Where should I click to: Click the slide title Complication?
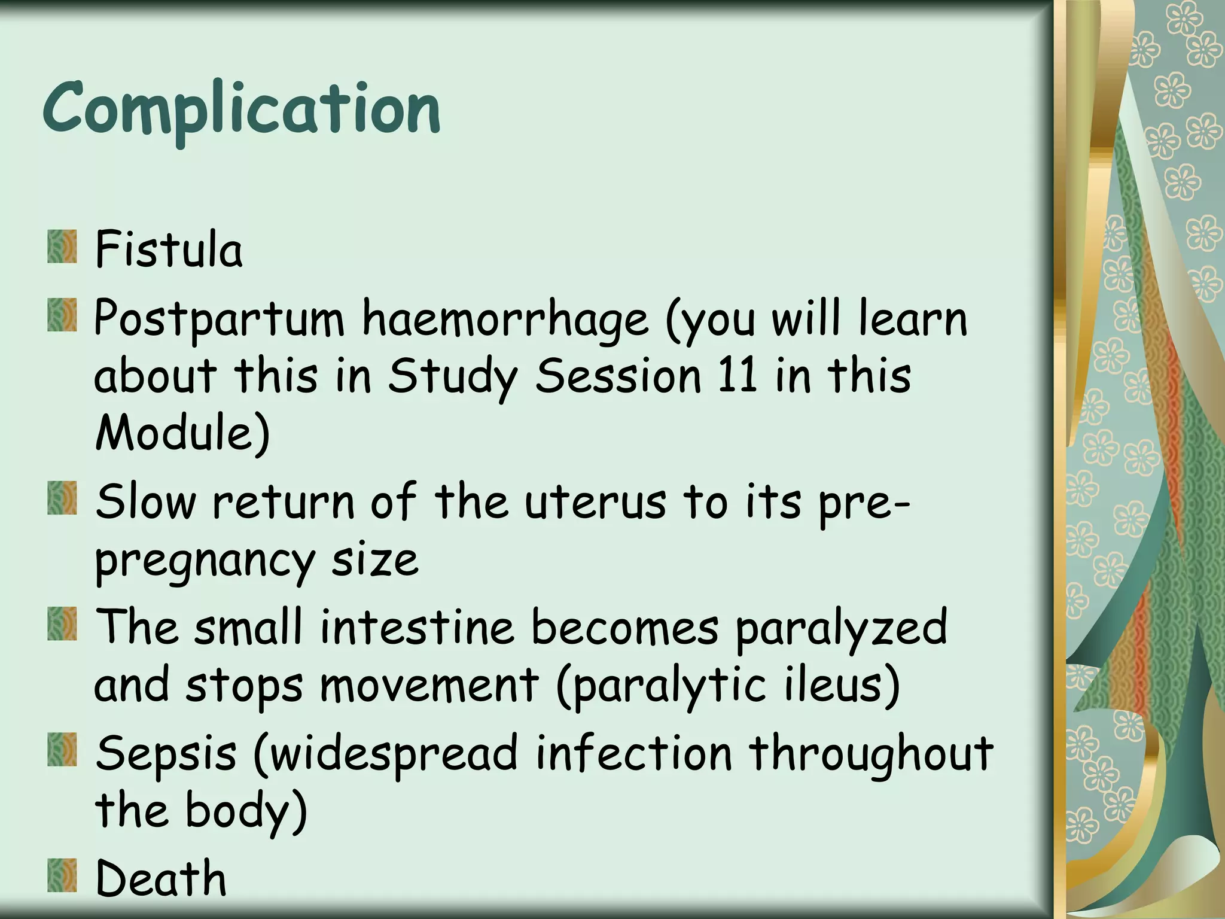tap(242, 109)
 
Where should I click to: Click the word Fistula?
tap(169, 249)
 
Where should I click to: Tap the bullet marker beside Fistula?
tap(62, 247)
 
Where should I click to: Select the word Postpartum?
tap(219, 319)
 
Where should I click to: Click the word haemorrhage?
tap(505, 319)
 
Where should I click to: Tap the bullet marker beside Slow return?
tap(62, 498)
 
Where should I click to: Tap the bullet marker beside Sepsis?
tap(62, 749)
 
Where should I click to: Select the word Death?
tap(161, 878)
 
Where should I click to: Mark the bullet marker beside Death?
tap(62, 875)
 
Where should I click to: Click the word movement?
tap(429, 684)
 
